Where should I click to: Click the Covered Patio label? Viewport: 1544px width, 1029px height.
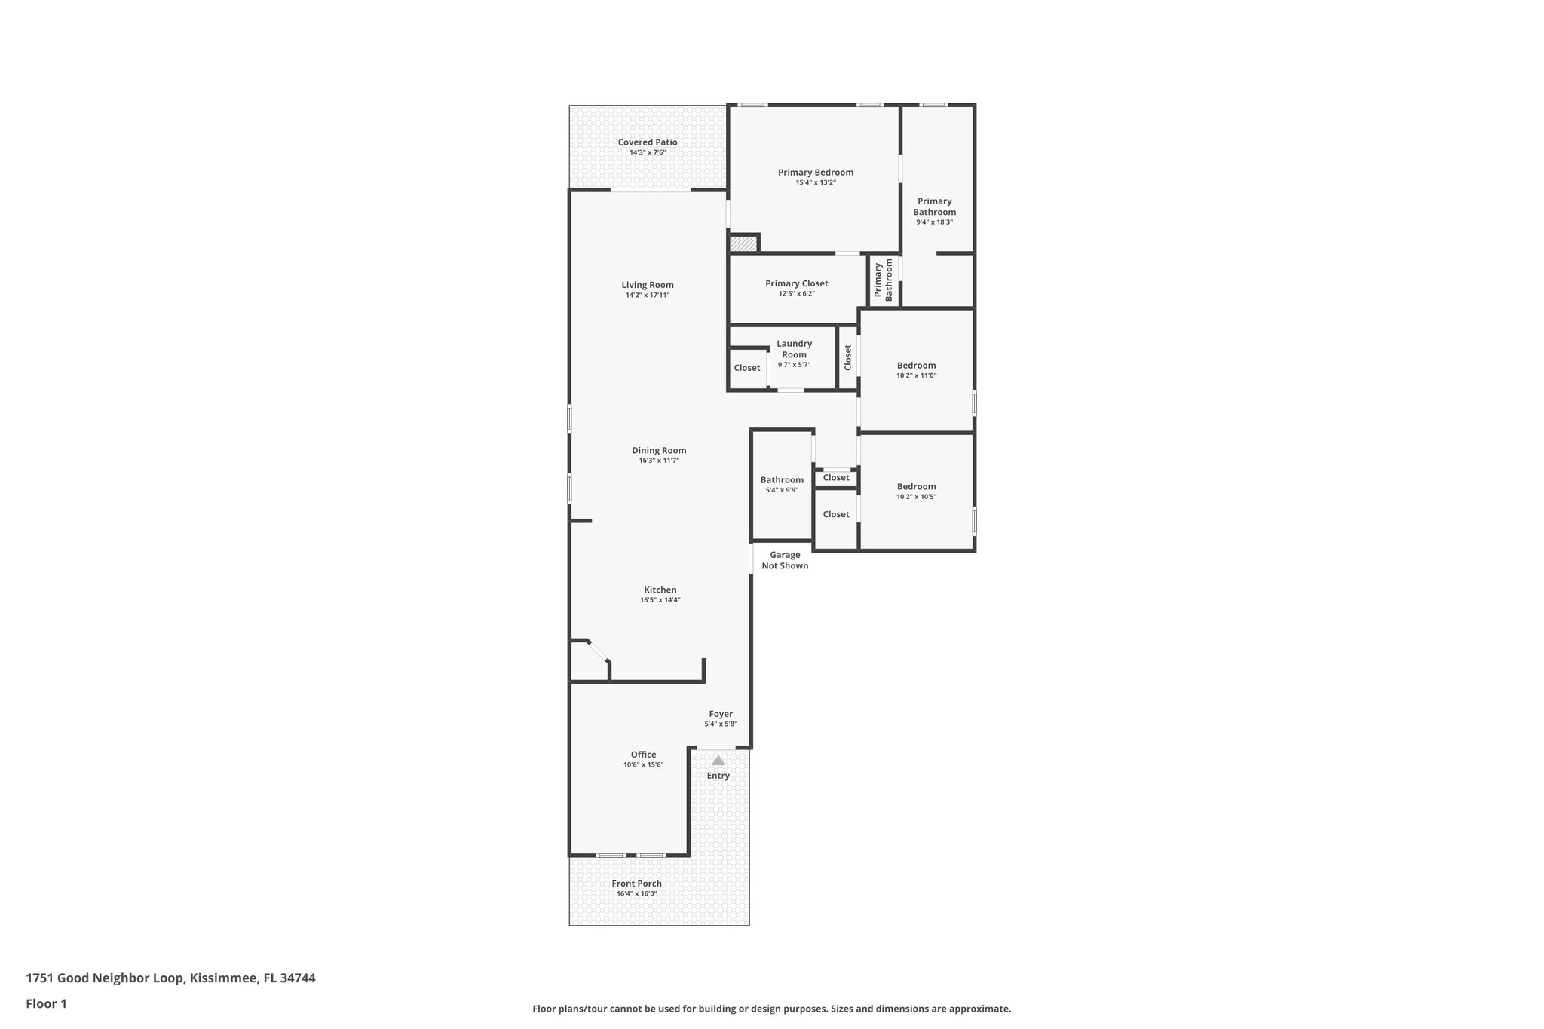pyautogui.click(x=647, y=142)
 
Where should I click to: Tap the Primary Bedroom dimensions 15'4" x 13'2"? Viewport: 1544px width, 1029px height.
pyautogui.click(x=815, y=182)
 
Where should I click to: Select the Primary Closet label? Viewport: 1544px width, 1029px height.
pyautogui.click(x=796, y=283)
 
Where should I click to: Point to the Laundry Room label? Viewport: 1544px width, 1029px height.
pyautogui.click(x=794, y=349)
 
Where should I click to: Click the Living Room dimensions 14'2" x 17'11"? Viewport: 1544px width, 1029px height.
pyautogui.click(x=647, y=296)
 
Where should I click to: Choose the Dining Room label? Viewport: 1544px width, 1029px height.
pyautogui.click(x=659, y=450)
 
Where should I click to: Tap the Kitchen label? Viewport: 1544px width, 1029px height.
pyautogui.click(x=660, y=590)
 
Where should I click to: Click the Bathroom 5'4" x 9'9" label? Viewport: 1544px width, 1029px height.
pyautogui.click(x=782, y=480)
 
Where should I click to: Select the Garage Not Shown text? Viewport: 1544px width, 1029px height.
pyautogui.click(x=785, y=560)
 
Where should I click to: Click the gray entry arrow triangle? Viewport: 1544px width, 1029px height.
pyautogui.click(x=718, y=761)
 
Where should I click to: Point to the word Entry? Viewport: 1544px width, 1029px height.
pyautogui.click(x=718, y=776)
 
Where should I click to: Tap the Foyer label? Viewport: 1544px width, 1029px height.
pyautogui.click(x=720, y=714)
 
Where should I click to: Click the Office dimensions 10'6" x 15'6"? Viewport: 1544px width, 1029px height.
pyautogui.click(x=643, y=764)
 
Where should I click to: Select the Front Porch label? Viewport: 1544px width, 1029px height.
pyautogui.click(x=636, y=884)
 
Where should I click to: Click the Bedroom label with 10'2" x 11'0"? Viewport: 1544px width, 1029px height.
pyautogui.click(x=916, y=366)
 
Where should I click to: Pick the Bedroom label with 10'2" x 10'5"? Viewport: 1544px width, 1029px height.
pyautogui.click(x=916, y=486)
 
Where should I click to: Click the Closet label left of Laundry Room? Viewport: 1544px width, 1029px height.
pyautogui.click(x=746, y=368)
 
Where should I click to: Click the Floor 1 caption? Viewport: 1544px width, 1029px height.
pyautogui.click(x=46, y=1003)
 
